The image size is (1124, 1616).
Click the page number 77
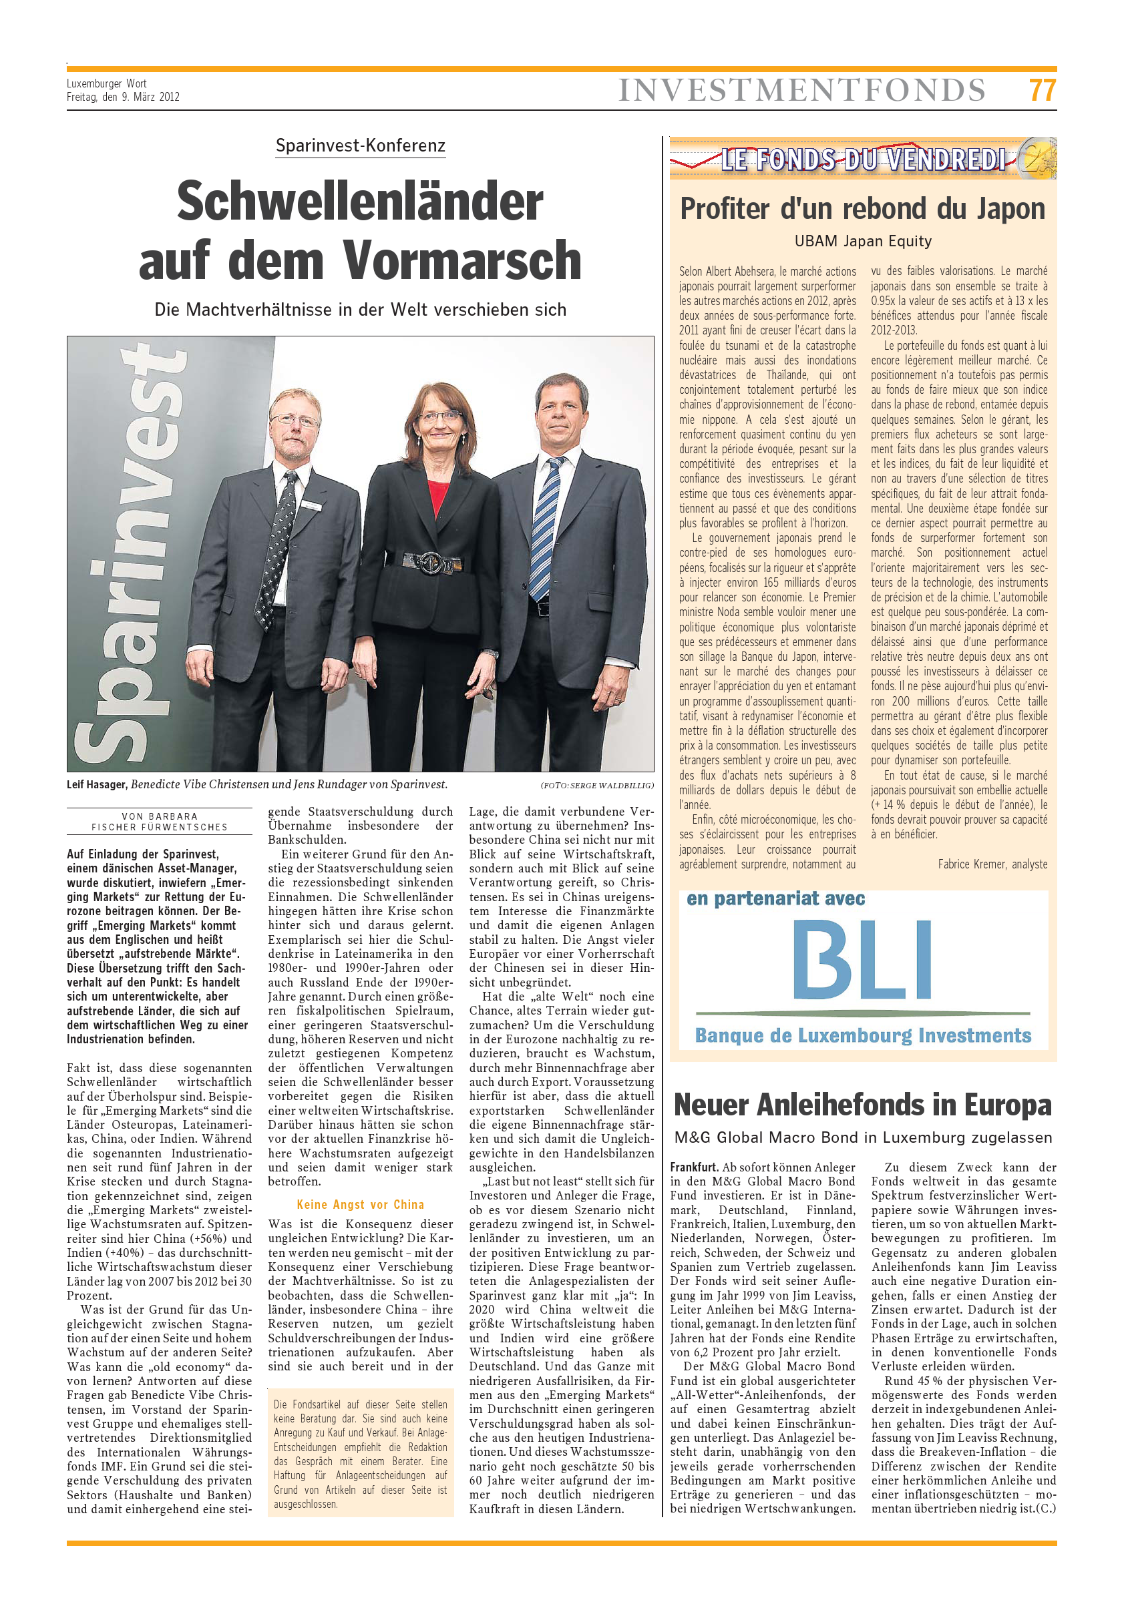(x=1042, y=90)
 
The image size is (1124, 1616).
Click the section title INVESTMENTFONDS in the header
(x=801, y=91)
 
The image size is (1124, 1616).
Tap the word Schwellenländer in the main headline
(x=360, y=202)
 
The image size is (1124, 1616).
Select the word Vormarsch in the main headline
(x=462, y=260)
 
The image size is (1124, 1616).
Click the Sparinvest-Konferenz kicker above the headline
(x=360, y=146)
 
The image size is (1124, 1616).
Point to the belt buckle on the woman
(x=429, y=562)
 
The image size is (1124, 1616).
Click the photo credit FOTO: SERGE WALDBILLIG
(x=596, y=785)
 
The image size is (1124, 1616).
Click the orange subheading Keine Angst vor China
(x=360, y=1204)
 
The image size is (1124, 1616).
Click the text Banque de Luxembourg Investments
(x=862, y=1035)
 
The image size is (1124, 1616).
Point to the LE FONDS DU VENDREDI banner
(x=862, y=159)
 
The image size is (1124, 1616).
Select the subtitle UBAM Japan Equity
(x=862, y=242)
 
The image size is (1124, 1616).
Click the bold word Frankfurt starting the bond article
(x=694, y=1167)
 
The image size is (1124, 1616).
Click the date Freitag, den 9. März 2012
(x=124, y=97)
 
